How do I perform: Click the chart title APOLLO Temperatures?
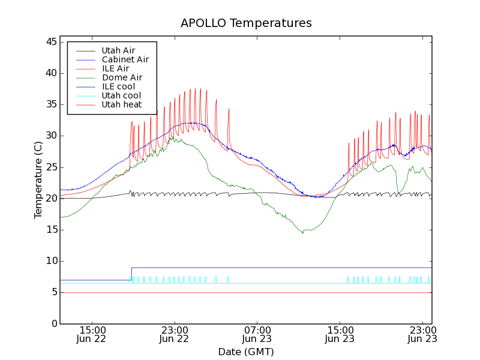pos(246,23)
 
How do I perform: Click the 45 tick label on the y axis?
pos(50,42)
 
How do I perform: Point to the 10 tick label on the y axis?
pos(50,261)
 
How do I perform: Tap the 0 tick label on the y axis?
pos(53,324)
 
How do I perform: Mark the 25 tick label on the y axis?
pos(50,167)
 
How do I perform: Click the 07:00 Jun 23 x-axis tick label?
pos(257,334)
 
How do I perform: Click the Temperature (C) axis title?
pos(38,180)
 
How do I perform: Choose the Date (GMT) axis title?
pos(246,352)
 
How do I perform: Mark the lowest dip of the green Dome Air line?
pos(303,232)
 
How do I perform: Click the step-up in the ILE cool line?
pos(131,274)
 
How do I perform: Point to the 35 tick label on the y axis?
pos(50,104)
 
